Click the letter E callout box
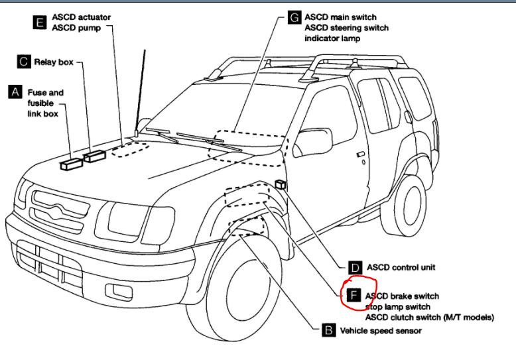(x=40, y=22)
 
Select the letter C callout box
(x=24, y=62)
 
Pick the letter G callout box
(x=294, y=18)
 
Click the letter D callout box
(x=355, y=268)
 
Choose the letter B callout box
(x=328, y=330)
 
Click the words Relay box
(x=54, y=62)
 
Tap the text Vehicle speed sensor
(x=380, y=330)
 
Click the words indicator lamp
(x=332, y=39)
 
